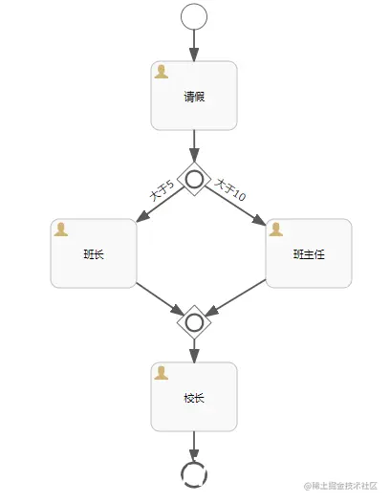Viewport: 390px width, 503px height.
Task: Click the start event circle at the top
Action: pos(194,16)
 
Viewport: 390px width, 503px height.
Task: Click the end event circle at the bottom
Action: pos(194,471)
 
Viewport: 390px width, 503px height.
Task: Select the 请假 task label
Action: pos(194,97)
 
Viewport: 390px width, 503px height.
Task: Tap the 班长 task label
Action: pos(94,254)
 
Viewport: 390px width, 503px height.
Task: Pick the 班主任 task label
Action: pos(309,254)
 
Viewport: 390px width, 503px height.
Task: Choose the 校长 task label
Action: pos(194,398)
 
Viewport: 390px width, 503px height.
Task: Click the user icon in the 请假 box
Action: pos(162,72)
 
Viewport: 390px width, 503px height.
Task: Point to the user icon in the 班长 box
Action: pos(61,230)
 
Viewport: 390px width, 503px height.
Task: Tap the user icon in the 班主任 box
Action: pos(276,230)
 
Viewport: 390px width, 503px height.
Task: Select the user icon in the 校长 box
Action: pos(162,373)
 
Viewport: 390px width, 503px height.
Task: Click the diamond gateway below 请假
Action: pos(194,178)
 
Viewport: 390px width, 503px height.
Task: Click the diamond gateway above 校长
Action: pos(194,321)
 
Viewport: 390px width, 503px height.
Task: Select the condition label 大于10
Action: pos(229,189)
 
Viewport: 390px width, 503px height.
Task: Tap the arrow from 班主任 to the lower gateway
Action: pos(236,300)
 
